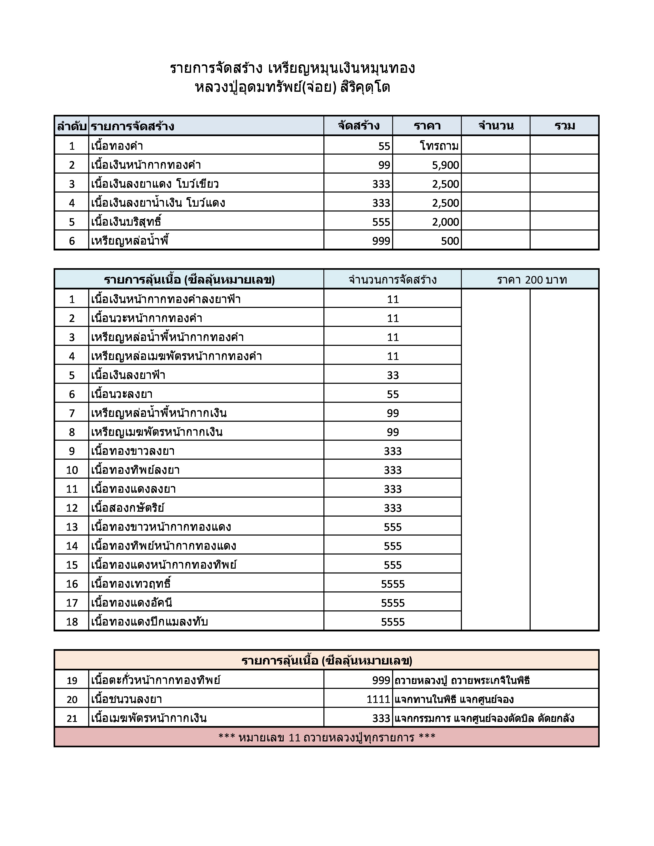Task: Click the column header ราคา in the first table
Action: click(427, 126)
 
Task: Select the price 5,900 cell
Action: click(445, 165)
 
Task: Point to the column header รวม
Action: click(564, 126)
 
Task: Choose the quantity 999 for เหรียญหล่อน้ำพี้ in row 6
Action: click(381, 241)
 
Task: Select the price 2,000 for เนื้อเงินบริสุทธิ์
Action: click(445, 222)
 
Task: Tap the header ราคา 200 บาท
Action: click(532, 280)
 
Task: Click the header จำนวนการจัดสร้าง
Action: click(392, 280)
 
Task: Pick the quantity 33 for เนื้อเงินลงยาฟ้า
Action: click(392, 375)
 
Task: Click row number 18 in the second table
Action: click(72, 622)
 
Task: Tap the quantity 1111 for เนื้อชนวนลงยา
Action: click(378, 699)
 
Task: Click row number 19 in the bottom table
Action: click(72, 680)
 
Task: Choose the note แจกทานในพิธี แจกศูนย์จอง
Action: click(454, 699)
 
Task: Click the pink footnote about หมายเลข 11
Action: click(326, 737)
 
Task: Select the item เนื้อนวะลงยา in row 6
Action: click(122, 394)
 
